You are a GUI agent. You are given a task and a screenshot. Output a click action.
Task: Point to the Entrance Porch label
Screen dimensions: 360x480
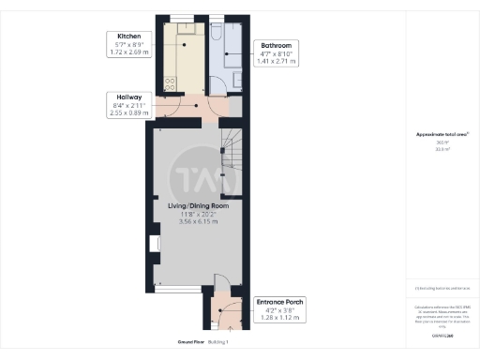(x=279, y=302)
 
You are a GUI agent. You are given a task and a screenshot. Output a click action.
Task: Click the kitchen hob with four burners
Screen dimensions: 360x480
(x=171, y=82)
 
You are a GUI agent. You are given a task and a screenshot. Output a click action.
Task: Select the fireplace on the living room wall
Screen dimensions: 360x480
(x=153, y=247)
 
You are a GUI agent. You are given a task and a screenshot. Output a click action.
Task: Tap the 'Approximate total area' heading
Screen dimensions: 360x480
(x=442, y=135)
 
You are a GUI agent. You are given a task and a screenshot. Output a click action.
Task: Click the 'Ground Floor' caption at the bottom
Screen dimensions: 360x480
(x=176, y=342)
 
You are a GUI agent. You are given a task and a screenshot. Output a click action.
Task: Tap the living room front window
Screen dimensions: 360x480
(x=176, y=290)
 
